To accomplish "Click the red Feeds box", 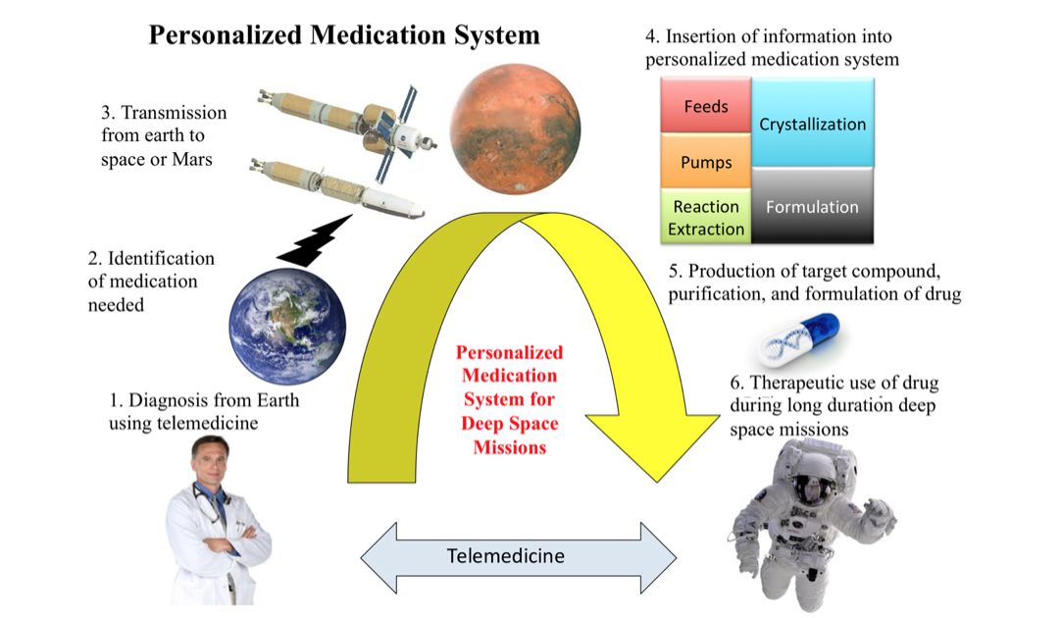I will [x=705, y=105].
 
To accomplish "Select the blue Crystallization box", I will [x=813, y=124].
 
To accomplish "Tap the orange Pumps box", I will [x=705, y=162].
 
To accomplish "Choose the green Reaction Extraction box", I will [x=705, y=218].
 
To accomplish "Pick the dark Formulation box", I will [x=812, y=207].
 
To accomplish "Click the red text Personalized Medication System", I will [x=509, y=399].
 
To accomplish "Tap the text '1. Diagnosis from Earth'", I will [x=205, y=400].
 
